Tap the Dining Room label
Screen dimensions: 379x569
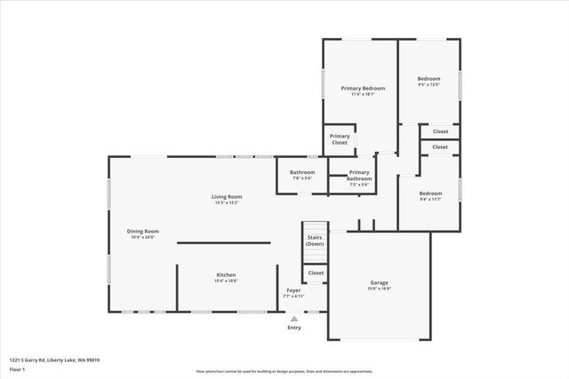click(142, 233)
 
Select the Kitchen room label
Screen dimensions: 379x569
click(227, 277)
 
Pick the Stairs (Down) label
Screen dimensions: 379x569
click(315, 241)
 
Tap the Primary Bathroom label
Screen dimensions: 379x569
click(359, 175)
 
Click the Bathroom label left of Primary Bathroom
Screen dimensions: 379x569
click(302, 174)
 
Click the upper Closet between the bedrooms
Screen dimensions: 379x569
click(440, 130)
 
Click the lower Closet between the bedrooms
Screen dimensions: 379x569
click(440, 146)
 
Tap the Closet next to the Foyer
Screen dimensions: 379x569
click(316, 273)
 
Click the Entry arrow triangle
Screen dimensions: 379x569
click(294, 319)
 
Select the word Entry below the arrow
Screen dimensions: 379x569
click(294, 328)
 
